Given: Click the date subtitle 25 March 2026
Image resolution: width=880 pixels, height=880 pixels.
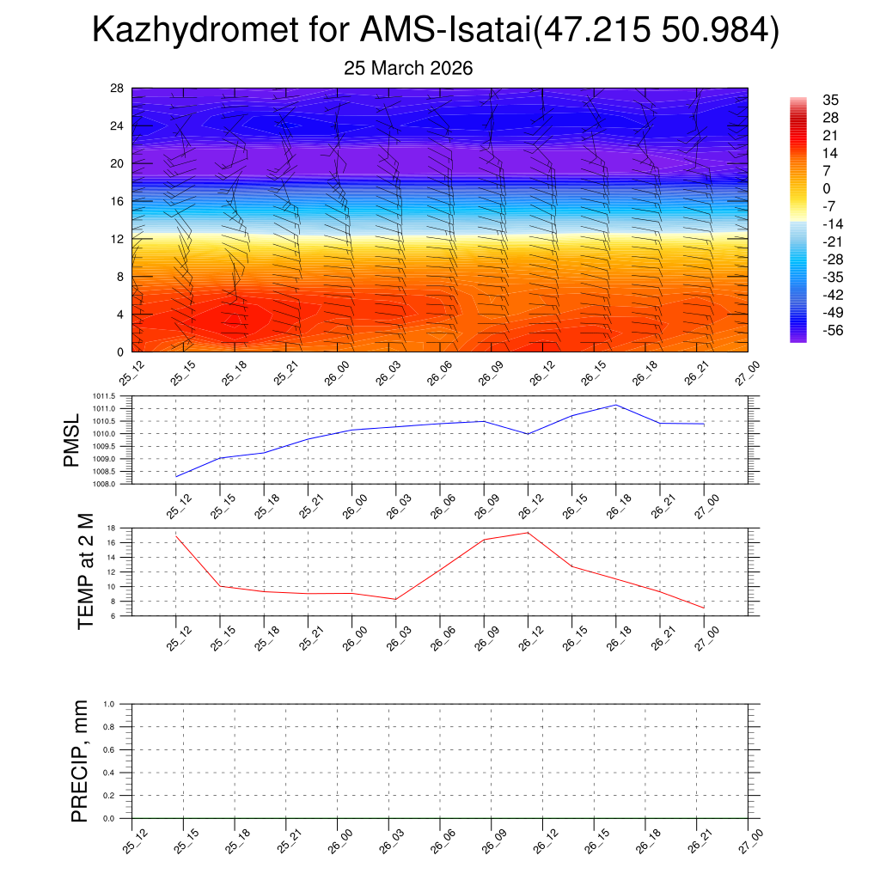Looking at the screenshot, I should point(408,68).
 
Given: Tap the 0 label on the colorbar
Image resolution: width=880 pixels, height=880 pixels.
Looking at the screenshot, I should point(826,188).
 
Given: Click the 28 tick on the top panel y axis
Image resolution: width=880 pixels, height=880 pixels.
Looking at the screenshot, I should point(119,89).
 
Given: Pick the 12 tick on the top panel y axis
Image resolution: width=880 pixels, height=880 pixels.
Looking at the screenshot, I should point(119,239).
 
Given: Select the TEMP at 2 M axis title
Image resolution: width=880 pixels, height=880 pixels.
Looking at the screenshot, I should point(85,571).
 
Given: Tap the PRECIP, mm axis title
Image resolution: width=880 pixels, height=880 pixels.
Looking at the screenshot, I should point(80,761).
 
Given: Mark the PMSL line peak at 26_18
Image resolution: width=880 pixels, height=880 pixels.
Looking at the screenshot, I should point(616,405).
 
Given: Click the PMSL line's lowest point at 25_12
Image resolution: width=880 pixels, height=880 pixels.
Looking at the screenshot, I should point(176,476).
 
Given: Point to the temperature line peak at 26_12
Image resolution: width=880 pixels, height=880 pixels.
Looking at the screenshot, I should point(528,533).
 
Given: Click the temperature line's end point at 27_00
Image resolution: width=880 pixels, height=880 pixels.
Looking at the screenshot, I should point(704,608).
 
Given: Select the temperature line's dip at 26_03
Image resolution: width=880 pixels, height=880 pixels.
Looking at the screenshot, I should point(395,599).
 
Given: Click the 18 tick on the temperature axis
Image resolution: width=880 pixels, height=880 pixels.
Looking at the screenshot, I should point(124,528).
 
